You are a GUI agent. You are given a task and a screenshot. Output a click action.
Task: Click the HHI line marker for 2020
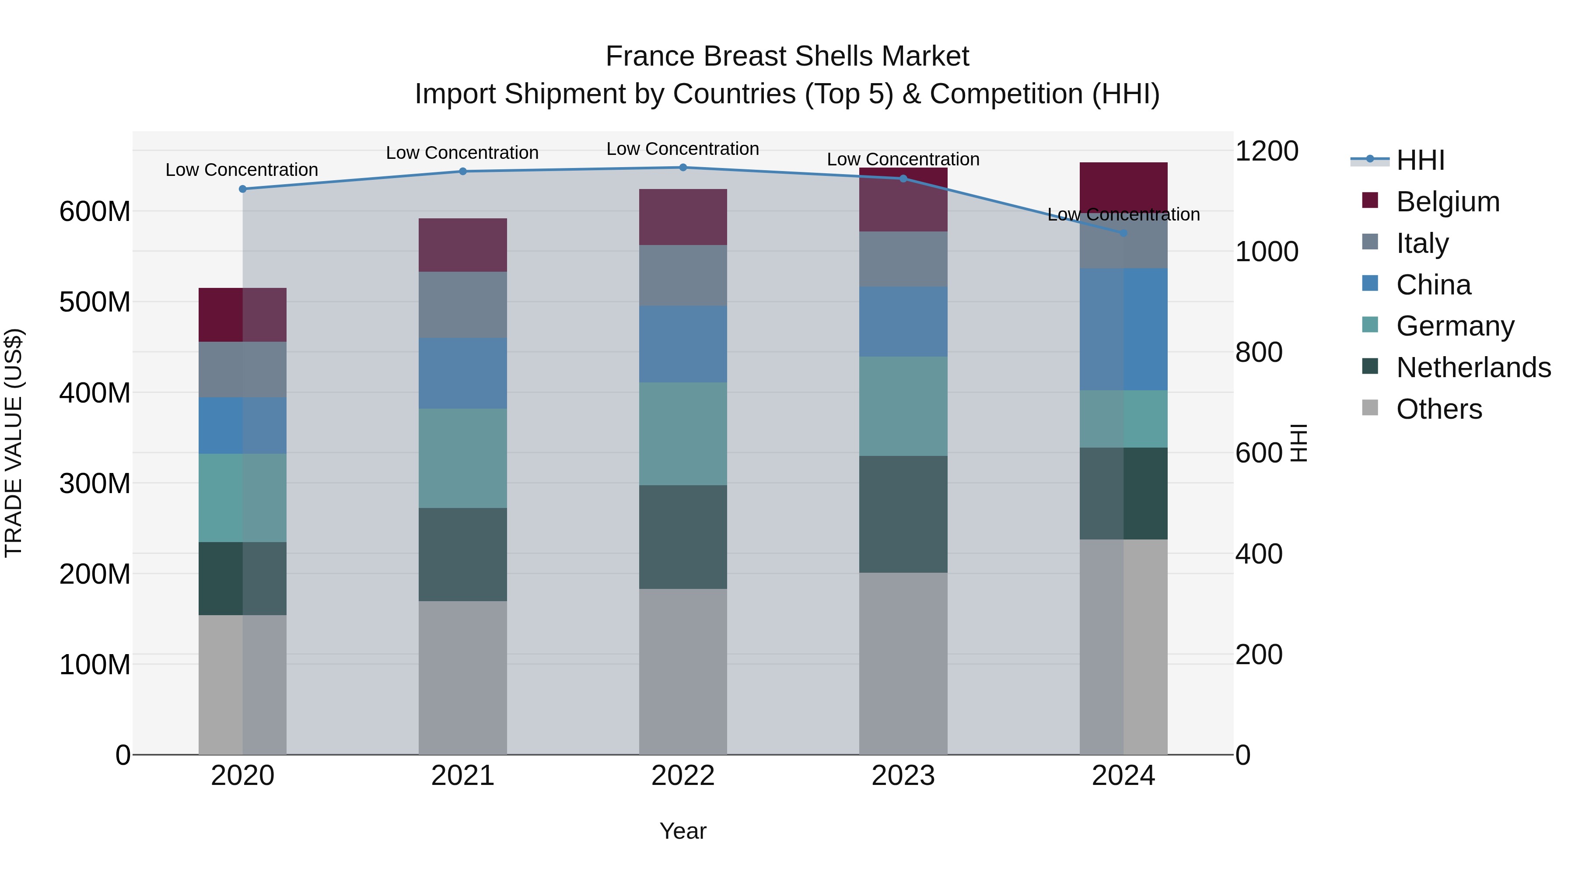(243, 189)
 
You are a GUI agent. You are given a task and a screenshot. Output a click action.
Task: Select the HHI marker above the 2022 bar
(683, 168)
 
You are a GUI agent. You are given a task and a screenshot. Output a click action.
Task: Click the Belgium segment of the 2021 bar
(463, 245)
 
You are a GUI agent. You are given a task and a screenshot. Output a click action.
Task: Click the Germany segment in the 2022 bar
(683, 434)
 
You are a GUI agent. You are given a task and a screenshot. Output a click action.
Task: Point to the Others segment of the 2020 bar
(243, 684)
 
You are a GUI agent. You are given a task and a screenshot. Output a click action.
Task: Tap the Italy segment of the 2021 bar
(463, 305)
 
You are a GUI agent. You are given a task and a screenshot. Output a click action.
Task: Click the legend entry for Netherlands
(1473, 368)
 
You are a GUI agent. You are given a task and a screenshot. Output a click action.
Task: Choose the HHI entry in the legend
(1420, 160)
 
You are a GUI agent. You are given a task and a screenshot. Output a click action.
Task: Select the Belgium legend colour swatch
(1370, 200)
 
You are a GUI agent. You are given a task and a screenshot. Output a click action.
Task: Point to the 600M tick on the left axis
(95, 212)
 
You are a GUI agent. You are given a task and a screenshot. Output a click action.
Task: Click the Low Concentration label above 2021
(462, 152)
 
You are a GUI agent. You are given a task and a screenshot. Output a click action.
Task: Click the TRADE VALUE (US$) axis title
(14, 443)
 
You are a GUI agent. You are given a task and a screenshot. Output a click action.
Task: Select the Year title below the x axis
(683, 831)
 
